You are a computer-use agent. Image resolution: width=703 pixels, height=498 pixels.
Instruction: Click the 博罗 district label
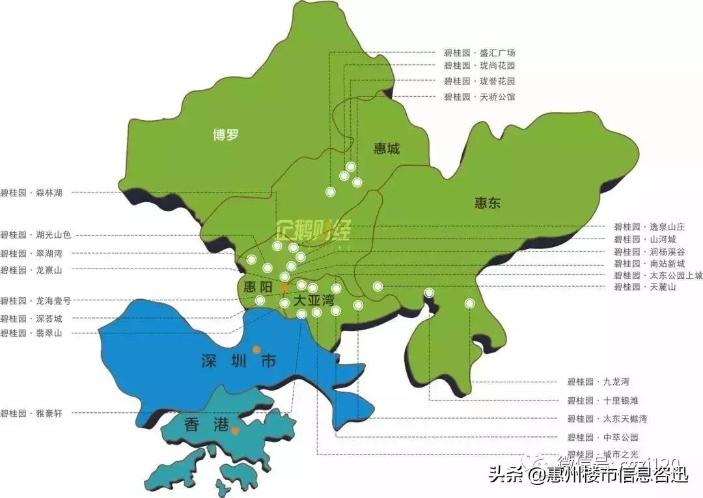click(226, 135)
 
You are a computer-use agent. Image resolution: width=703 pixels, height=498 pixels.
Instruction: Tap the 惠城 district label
click(387, 149)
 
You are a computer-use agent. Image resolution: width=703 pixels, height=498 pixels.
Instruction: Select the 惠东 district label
click(488, 203)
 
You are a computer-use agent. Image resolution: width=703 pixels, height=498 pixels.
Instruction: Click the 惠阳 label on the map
click(256, 287)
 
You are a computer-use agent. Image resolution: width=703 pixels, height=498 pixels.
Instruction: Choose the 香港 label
click(206, 425)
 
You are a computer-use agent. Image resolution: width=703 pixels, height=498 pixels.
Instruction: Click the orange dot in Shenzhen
click(256, 349)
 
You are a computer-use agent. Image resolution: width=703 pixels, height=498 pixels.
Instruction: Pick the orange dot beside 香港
click(235, 430)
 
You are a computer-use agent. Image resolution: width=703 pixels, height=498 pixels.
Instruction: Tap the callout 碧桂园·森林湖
click(31, 192)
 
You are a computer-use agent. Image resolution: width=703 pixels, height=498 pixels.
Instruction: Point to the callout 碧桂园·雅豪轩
click(31, 412)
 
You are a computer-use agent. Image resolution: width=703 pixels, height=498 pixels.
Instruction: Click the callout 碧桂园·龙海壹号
click(35, 301)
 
